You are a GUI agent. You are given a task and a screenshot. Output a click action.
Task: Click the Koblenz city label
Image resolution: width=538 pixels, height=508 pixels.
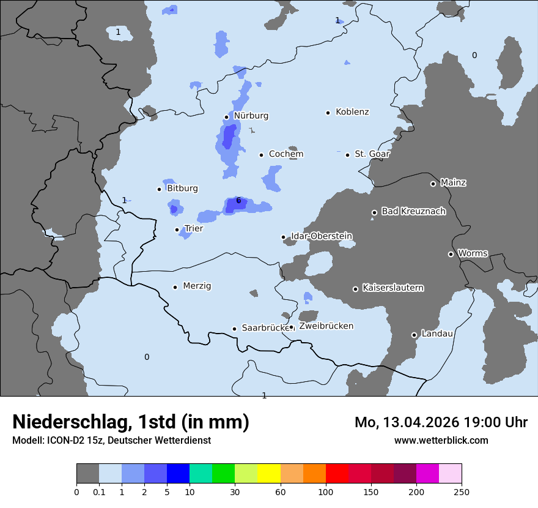click(352, 112)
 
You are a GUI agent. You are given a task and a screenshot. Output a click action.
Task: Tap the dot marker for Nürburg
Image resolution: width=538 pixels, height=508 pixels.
click(226, 117)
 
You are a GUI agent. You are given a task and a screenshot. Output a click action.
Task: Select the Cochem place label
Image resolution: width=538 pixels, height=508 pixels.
click(286, 154)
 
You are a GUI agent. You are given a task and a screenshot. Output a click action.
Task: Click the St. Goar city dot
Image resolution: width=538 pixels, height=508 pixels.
click(347, 155)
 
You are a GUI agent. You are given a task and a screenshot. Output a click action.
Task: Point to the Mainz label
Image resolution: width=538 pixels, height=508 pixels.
click(453, 182)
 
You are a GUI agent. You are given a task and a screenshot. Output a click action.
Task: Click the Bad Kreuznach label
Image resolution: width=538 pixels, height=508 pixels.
click(413, 211)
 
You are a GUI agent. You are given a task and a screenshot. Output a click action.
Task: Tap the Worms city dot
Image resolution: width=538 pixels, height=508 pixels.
click(451, 254)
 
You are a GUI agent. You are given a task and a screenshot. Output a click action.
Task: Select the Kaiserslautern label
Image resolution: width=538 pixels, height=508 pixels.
click(392, 288)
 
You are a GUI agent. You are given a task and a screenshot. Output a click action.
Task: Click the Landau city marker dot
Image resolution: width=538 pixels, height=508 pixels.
click(414, 335)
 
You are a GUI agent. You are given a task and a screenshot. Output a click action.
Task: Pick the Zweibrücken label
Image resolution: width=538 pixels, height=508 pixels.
click(326, 326)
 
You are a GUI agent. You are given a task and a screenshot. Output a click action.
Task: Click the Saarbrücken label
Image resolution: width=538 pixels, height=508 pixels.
click(265, 328)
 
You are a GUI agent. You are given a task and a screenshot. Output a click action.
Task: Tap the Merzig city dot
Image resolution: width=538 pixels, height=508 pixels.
click(175, 287)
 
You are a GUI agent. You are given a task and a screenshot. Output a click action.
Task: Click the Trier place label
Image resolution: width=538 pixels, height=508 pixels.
click(194, 228)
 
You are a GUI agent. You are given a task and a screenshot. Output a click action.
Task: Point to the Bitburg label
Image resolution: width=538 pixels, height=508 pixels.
click(182, 189)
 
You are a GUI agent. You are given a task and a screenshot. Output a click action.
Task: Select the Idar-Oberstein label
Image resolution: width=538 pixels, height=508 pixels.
click(321, 236)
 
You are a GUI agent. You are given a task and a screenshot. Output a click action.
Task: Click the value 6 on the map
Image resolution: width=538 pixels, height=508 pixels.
click(238, 200)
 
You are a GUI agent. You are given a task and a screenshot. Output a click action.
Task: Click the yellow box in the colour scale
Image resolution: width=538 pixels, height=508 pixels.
click(269, 474)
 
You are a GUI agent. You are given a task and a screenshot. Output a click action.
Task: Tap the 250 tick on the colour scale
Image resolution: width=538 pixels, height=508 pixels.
click(461, 491)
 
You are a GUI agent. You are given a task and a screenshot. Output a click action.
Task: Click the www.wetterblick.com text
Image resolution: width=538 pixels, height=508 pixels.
click(441, 440)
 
